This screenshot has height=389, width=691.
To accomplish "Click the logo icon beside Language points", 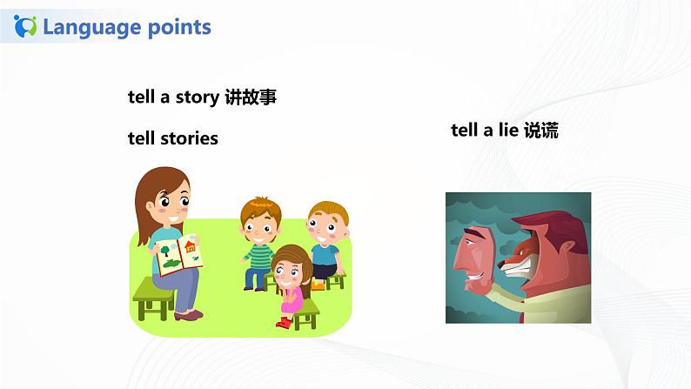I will tap(27, 26).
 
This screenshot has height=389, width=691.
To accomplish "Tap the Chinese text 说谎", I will tap(541, 131).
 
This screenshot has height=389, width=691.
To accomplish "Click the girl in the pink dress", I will tap(289, 283).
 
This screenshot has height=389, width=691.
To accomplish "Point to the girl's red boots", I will tap(284, 322).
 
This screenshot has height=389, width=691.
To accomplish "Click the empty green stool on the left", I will tap(153, 300).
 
